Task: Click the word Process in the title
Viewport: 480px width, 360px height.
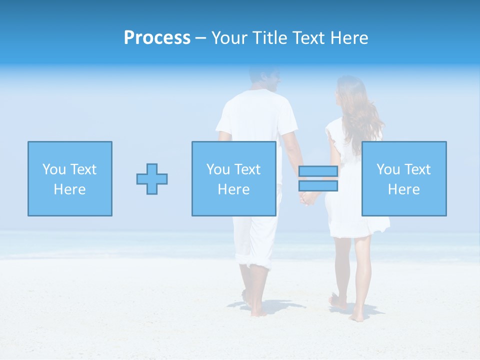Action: [157, 38]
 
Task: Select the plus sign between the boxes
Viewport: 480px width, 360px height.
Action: [152, 179]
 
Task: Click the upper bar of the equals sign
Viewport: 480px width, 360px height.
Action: [318, 171]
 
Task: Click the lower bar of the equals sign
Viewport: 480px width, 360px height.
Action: [318, 186]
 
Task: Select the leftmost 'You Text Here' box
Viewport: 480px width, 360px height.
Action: [70, 179]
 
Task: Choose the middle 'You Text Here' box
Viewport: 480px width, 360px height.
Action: [233, 179]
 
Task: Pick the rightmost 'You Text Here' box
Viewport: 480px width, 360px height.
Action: [404, 179]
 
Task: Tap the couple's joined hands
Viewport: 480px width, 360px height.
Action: [306, 199]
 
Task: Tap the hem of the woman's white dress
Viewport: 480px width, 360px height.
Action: [357, 232]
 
